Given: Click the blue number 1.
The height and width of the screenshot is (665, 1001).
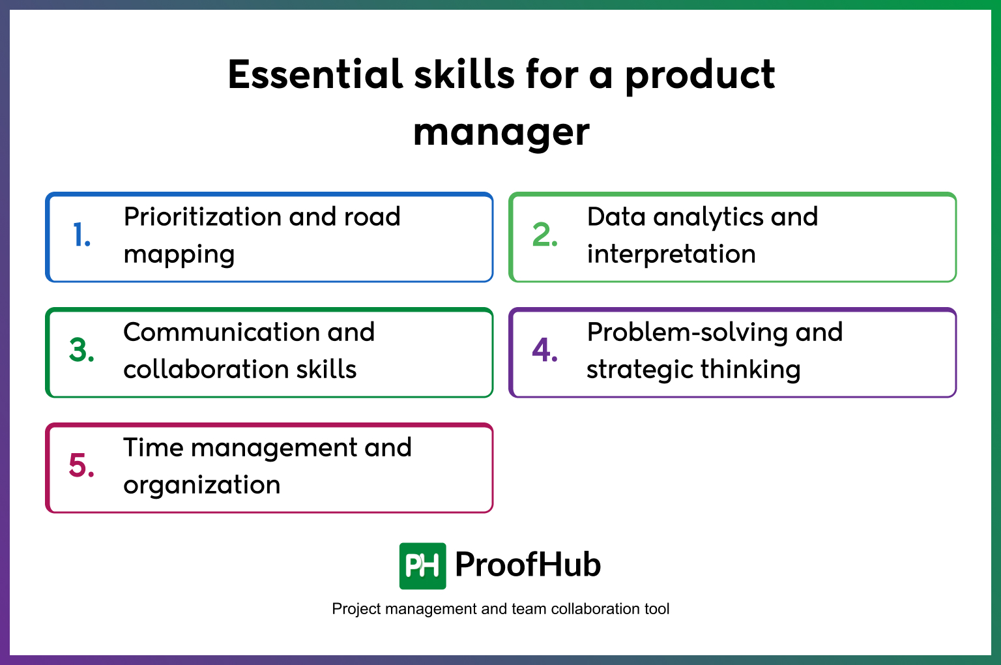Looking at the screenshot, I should click(x=81, y=235).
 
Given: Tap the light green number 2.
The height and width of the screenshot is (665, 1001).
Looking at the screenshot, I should click(x=544, y=235).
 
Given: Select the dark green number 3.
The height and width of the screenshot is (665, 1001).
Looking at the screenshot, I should click(x=81, y=350).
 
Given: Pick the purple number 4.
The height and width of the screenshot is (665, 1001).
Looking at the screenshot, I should click(x=544, y=350).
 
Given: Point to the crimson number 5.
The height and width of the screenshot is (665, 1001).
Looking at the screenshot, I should click(x=81, y=465).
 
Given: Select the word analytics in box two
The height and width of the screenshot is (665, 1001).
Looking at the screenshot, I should click(x=708, y=217).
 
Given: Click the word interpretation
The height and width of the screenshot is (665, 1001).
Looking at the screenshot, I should click(x=671, y=254).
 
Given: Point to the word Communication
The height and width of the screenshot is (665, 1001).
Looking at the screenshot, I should click(x=219, y=332).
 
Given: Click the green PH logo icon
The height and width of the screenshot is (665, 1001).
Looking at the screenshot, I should click(x=422, y=566).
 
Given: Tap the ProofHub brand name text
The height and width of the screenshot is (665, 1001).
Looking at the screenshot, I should click(x=527, y=565).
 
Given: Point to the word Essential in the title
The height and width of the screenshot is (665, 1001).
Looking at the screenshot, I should click(x=315, y=74).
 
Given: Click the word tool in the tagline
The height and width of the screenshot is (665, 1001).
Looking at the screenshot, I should click(x=657, y=609).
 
